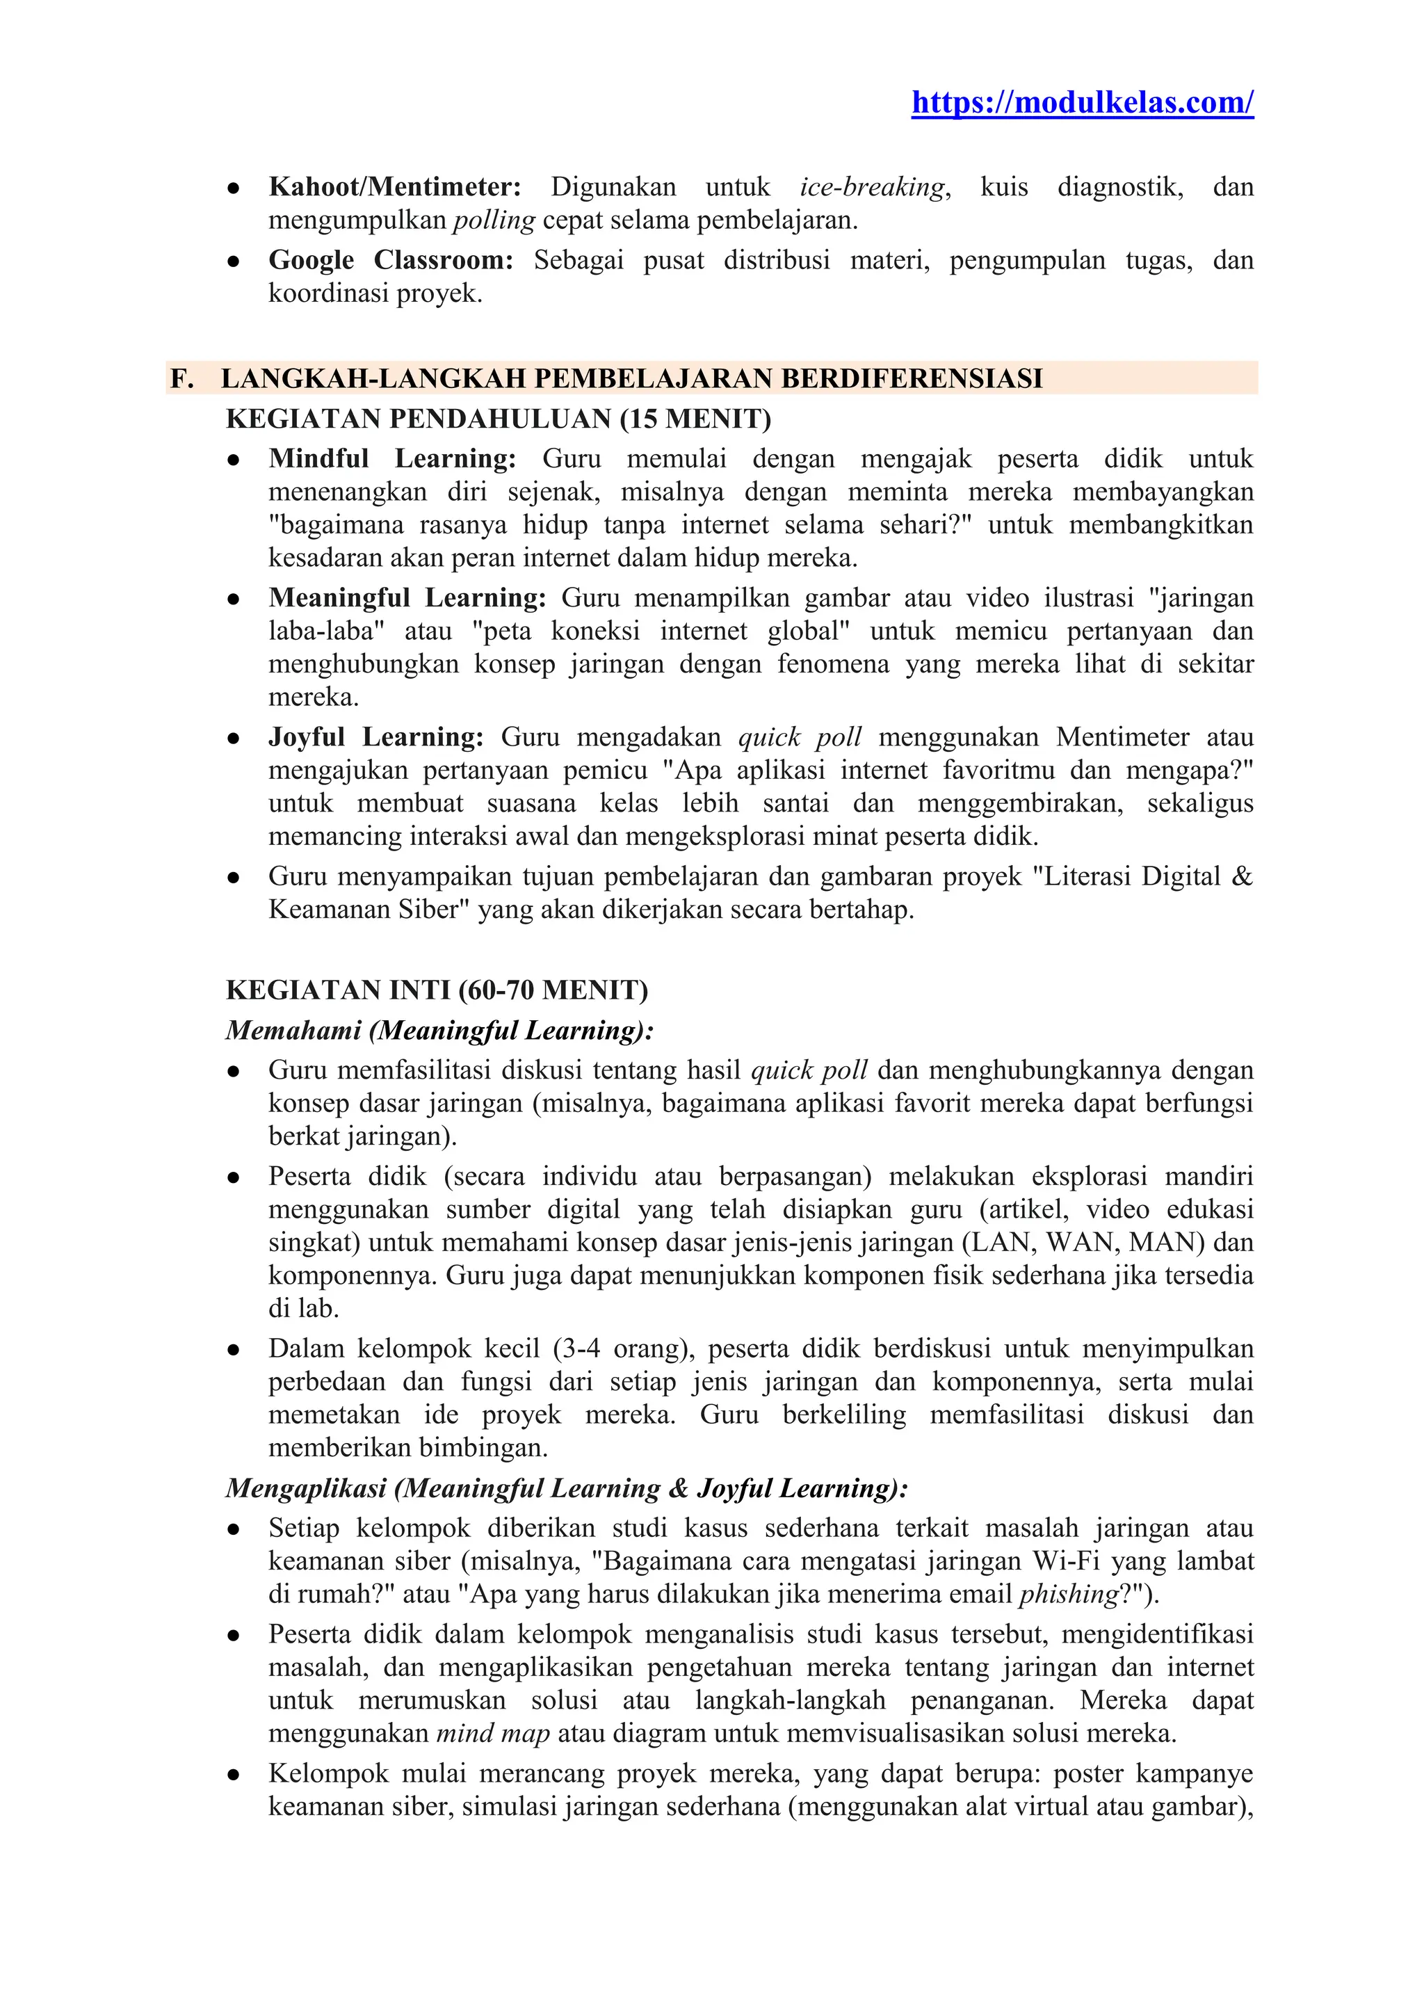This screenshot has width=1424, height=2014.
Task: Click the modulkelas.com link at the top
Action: tap(1082, 103)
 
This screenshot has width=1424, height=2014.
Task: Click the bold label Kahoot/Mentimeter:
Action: tap(394, 187)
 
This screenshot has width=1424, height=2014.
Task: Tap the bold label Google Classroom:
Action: tap(390, 261)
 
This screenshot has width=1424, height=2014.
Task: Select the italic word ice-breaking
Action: tap(872, 187)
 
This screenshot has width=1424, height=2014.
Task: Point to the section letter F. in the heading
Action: tap(181, 378)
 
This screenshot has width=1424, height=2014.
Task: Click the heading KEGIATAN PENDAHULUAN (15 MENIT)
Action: tap(498, 419)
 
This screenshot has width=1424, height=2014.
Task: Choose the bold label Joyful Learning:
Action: tap(375, 737)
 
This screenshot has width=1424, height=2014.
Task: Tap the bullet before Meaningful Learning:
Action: tap(233, 599)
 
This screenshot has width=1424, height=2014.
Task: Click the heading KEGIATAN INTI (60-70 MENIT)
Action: tap(437, 990)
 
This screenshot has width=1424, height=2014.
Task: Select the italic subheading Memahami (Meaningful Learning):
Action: tap(439, 1030)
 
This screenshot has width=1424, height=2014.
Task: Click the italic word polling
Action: tap(494, 220)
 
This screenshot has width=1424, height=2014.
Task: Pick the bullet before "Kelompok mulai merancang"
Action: tap(233, 1775)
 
